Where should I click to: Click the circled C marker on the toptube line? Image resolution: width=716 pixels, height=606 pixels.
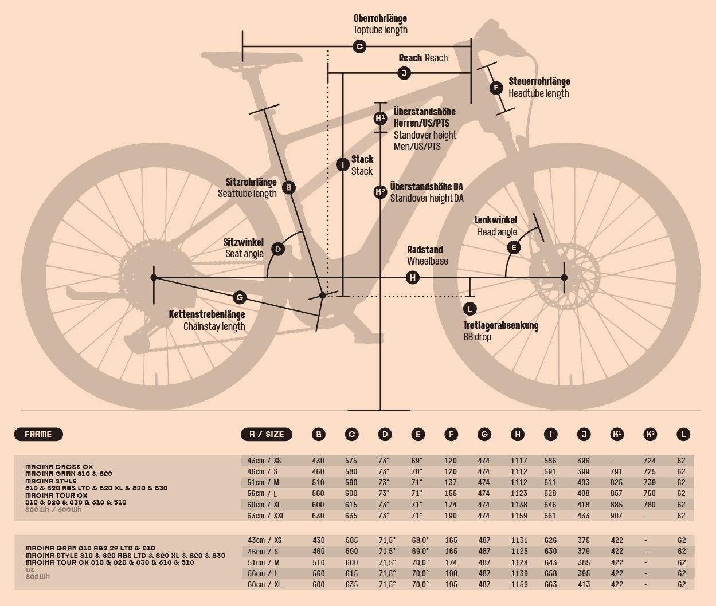[359, 46]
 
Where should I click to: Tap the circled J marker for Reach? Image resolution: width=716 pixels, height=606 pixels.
[404, 73]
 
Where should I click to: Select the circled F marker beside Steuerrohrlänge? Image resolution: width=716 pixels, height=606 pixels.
[496, 88]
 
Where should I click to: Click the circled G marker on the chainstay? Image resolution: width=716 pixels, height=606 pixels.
[240, 297]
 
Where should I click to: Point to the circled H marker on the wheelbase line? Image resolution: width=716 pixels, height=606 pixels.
[412, 278]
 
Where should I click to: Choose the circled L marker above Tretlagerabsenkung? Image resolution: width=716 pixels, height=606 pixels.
[469, 309]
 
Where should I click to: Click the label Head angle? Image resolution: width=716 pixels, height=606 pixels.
[497, 232]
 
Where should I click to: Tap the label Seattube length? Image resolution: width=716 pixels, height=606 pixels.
[247, 194]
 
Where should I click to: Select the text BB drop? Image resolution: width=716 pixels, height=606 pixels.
[477, 337]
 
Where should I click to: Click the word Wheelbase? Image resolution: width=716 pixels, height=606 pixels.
[428, 261]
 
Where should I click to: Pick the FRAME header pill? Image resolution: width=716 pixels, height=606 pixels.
[38, 434]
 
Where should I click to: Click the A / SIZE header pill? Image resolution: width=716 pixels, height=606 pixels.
[267, 434]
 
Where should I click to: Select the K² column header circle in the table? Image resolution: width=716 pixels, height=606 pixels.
[650, 434]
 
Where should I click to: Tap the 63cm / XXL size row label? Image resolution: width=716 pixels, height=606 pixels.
[266, 516]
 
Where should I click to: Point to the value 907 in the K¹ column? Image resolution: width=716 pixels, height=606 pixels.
[617, 516]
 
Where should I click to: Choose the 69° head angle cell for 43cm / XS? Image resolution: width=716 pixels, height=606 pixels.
[417, 461]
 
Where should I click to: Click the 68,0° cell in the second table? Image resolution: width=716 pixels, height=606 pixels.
[420, 540]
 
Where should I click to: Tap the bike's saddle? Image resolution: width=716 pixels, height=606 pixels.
[252, 58]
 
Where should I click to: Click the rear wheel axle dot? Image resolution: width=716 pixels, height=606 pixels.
[154, 278]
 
